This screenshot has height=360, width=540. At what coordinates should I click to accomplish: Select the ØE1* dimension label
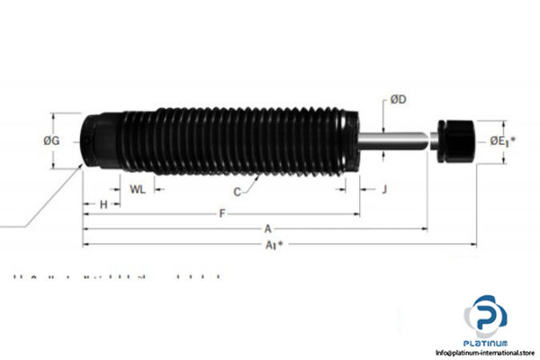(x=503, y=141)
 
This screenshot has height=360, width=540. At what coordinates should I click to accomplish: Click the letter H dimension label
(x=103, y=205)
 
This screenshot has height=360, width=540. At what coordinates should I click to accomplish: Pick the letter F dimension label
(x=222, y=213)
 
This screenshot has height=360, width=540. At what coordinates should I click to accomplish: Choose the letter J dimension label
(x=383, y=189)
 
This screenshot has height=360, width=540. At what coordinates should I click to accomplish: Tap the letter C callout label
(x=238, y=192)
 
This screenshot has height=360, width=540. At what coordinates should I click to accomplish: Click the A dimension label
(x=267, y=229)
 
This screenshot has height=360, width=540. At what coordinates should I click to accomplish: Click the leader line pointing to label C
(x=251, y=184)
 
